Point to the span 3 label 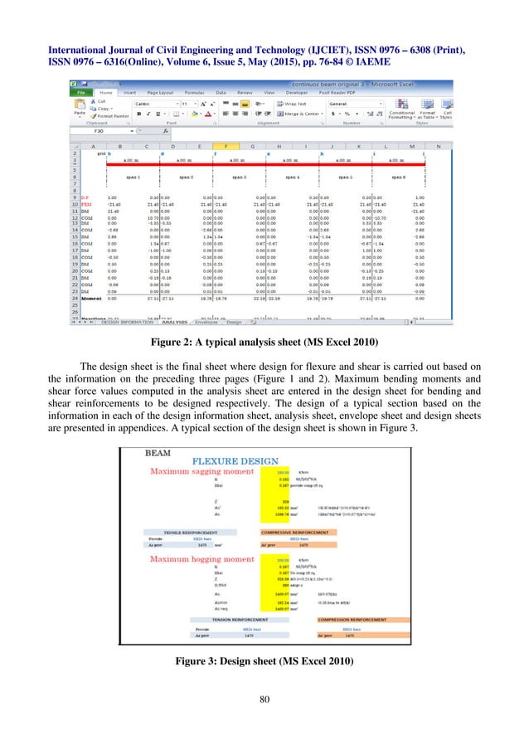click(240, 177)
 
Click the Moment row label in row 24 click(90, 304)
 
